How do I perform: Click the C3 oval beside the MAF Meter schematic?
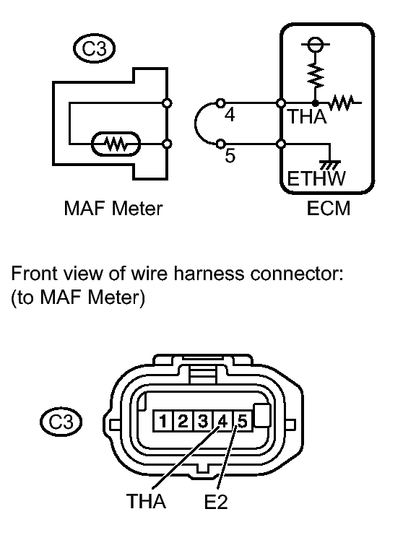tap(95, 48)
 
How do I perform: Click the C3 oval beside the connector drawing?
tap(61, 422)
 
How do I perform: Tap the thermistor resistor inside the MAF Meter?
tap(116, 144)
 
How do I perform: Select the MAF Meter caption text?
tap(113, 209)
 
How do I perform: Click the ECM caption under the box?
tap(328, 209)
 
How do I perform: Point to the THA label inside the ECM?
tap(307, 117)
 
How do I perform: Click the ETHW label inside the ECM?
tap(316, 178)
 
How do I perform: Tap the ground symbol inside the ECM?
tap(330, 165)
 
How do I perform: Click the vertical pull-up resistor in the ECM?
tap(316, 75)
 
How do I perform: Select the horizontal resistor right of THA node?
tap(342, 103)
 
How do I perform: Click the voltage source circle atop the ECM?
tap(316, 44)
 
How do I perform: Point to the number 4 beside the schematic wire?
tap(229, 115)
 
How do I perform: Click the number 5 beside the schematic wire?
tap(230, 155)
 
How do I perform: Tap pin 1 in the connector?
tap(163, 422)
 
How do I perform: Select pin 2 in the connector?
tap(183, 422)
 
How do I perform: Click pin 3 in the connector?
tap(202, 422)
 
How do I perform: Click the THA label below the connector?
tap(146, 501)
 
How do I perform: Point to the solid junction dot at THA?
tap(316, 103)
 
